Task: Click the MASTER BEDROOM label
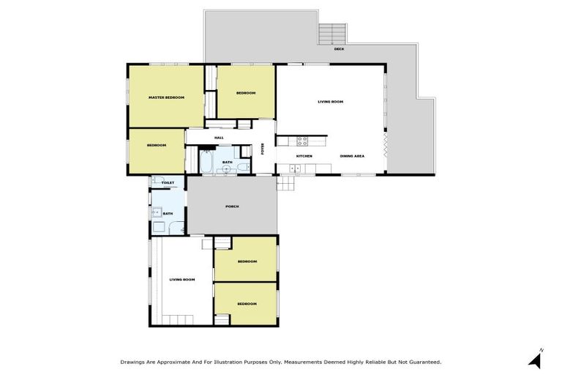166,97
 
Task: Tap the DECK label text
339,49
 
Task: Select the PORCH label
232,207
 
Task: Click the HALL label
219,138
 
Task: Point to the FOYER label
263,149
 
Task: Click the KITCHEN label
304,156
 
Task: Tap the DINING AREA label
353,156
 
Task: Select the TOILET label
168,182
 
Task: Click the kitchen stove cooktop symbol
301,141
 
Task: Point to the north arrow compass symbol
537,358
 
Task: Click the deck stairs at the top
332,33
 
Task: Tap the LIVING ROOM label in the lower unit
182,280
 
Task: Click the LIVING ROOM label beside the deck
330,102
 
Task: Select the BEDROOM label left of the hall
157,145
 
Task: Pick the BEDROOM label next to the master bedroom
246,93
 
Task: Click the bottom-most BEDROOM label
247,303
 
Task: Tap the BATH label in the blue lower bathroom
168,214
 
